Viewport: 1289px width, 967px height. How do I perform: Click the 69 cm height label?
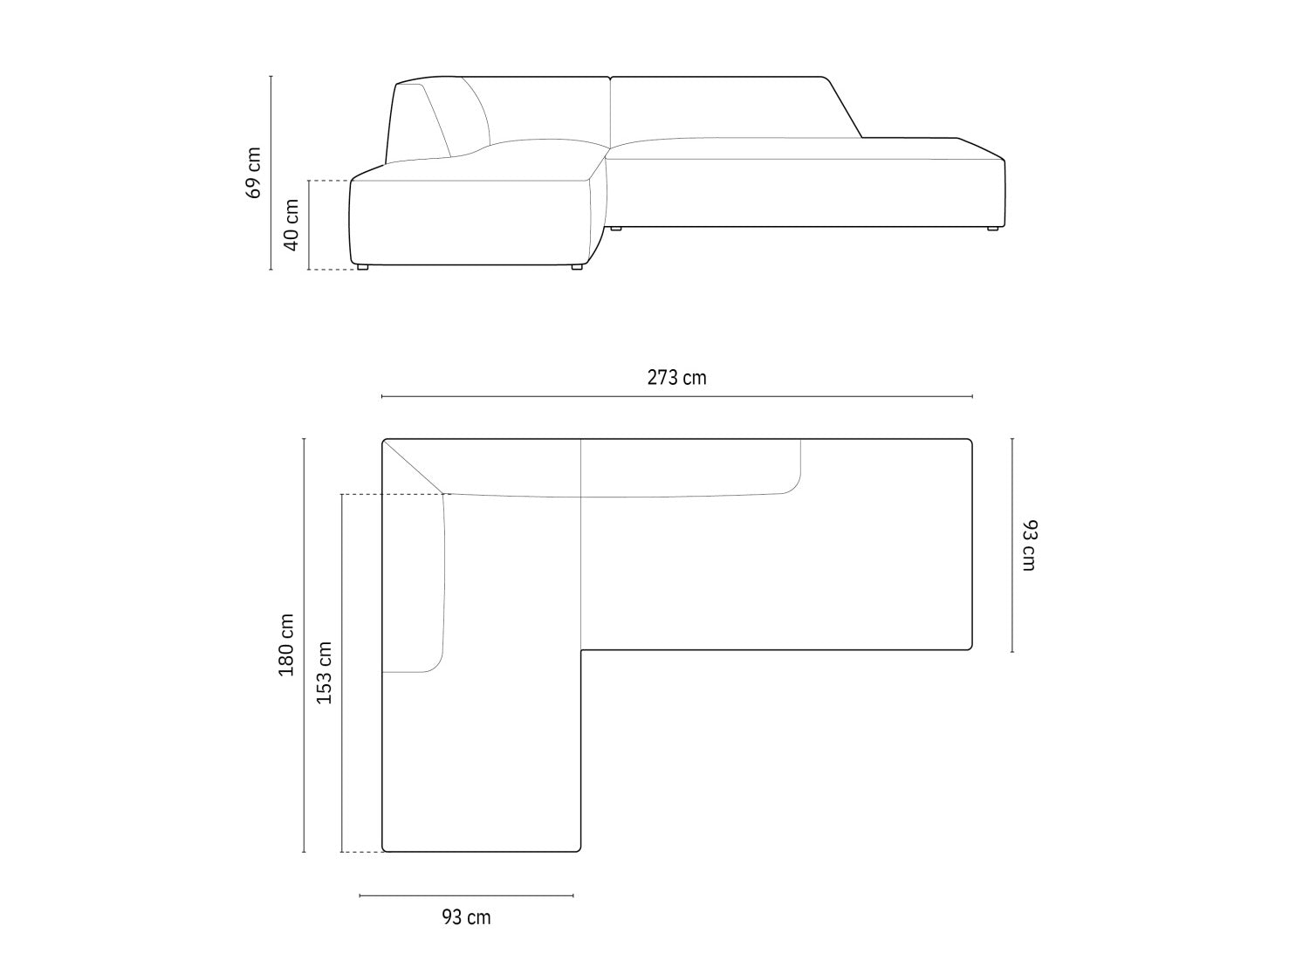[x=253, y=173]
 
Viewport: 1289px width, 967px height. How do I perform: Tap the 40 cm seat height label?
[x=291, y=225]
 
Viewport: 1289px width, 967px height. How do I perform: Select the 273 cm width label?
[x=676, y=378]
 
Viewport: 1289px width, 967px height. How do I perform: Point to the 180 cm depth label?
[x=286, y=645]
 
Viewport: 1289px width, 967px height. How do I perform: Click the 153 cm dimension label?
[x=324, y=673]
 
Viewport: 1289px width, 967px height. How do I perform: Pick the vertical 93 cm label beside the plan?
[x=1030, y=545]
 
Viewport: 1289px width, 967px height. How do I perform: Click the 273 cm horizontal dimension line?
[x=676, y=396]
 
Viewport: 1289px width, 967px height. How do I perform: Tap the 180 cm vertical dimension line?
[x=304, y=645]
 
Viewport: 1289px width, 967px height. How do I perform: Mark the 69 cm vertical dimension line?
[x=271, y=173]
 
